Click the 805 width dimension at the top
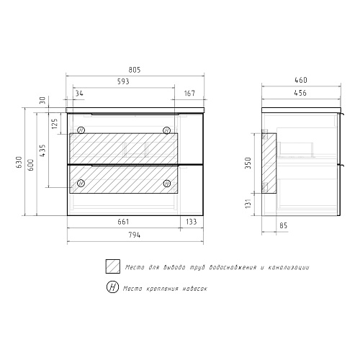point(135,70)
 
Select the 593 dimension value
point(123,81)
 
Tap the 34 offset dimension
point(79,93)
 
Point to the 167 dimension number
point(189,93)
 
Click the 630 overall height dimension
point(19,162)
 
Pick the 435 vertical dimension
point(42,150)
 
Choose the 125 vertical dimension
point(55,123)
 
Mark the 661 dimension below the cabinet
point(123,222)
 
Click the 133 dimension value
point(192,222)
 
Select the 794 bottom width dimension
point(135,235)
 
